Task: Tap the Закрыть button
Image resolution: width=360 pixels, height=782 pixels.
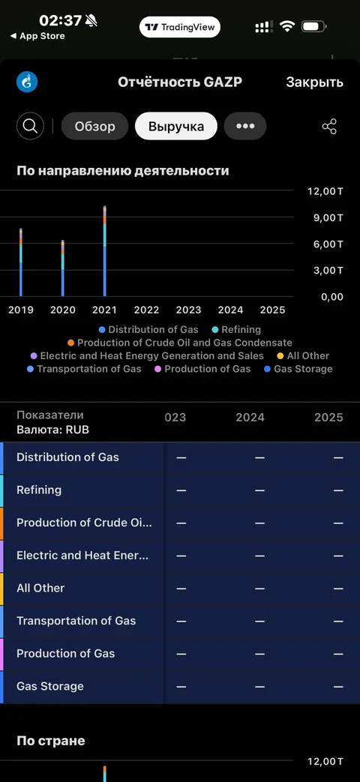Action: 315,82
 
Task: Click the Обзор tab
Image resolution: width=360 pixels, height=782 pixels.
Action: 94,126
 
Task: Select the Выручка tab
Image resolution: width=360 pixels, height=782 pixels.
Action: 176,126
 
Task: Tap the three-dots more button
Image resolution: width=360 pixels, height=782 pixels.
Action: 244,126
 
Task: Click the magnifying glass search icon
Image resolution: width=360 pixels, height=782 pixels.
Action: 31,126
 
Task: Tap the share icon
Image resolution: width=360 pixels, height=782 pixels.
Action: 329,126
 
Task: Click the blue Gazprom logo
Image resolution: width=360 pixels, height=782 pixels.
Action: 27,82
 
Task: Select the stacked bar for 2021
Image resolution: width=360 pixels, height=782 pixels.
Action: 105,251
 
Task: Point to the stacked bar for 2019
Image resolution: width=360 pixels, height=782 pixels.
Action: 21,262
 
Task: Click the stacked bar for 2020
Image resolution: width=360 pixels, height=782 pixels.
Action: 63,268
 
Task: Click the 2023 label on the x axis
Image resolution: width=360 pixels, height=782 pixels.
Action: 188,310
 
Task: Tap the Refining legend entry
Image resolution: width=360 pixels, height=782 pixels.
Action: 236,329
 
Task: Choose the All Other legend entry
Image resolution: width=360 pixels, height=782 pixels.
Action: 303,355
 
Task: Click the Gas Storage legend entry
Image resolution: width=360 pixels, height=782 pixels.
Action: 298,369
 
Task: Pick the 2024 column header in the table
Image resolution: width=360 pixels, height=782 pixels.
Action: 250,417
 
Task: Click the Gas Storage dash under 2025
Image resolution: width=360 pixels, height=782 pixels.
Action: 338,687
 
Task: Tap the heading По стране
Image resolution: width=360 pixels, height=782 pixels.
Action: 51,741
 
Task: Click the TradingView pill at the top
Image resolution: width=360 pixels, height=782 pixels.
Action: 179,27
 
